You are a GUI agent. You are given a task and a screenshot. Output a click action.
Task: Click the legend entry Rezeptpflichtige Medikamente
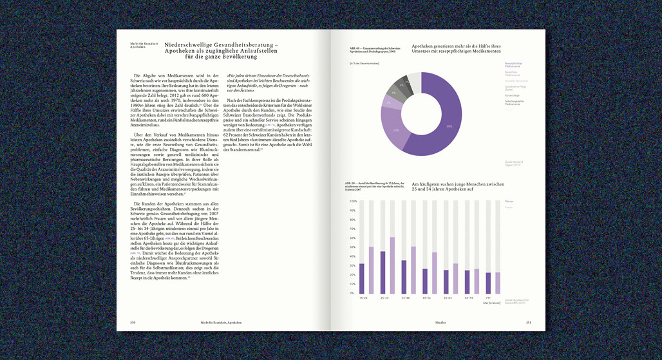(513, 64)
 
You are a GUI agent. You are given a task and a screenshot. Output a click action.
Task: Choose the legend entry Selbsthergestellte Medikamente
(513, 102)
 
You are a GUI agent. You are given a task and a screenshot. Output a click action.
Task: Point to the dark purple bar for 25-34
(383, 272)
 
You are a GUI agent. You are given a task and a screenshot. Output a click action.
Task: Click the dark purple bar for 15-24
(361, 278)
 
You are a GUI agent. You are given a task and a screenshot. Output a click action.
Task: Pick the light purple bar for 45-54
(434, 272)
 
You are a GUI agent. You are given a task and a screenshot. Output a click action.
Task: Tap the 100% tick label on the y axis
(353, 201)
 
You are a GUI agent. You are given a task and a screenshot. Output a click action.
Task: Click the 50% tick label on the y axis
(353, 247)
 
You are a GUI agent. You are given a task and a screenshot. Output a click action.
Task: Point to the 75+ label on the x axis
(489, 298)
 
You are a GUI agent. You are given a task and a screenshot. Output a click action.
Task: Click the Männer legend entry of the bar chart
(509, 202)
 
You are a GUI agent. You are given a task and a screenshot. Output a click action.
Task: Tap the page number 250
(133, 322)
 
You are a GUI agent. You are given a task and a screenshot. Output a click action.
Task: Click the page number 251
(529, 322)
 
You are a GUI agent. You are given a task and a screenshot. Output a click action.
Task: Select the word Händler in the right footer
(440, 322)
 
